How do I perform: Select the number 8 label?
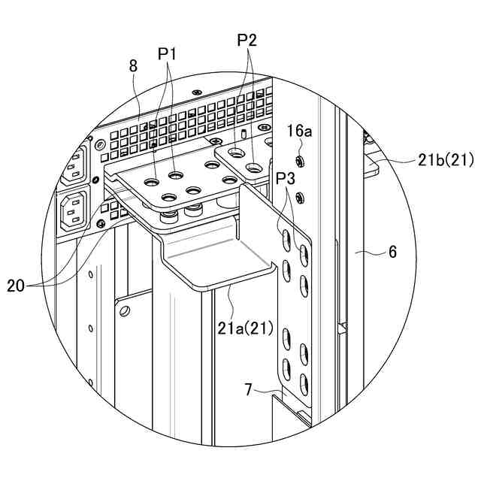133,66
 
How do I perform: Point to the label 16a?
298,131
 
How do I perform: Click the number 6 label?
392,253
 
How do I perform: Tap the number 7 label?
248,389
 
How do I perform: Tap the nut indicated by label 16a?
299,161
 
